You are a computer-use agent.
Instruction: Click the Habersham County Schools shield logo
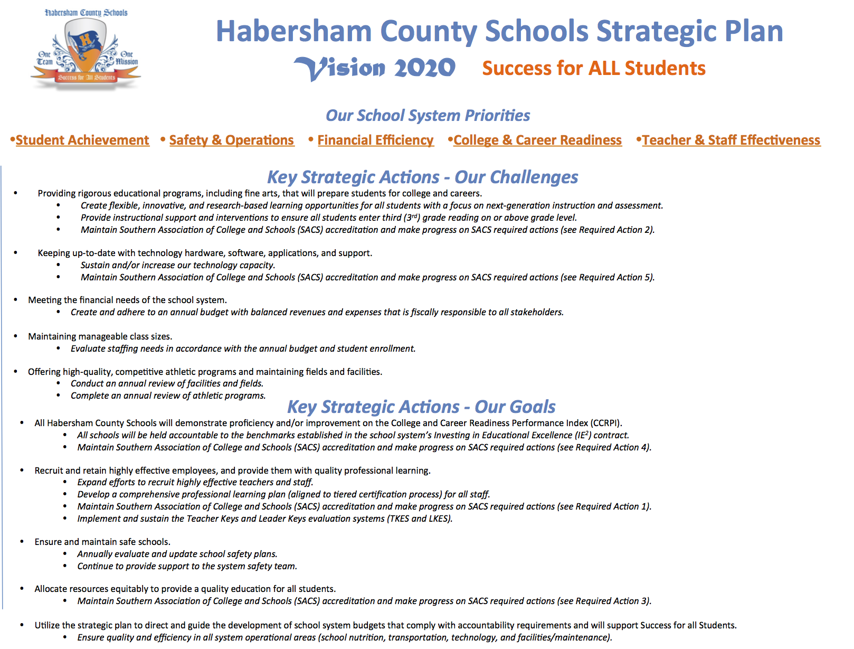pos(86,50)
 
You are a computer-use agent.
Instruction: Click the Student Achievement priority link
pos(82,140)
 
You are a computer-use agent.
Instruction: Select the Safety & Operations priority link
pos(231,140)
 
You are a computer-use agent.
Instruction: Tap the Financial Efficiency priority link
pos(375,140)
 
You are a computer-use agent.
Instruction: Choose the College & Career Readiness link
pos(537,140)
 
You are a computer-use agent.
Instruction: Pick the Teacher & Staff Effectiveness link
pos(731,140)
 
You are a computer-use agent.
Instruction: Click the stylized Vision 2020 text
pos(375,68)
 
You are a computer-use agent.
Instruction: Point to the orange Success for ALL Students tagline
pos(594,68)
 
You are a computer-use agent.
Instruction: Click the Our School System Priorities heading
pos(428,115)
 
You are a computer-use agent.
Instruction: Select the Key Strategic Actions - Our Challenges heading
pos(422,177)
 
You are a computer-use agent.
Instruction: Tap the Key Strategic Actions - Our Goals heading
pos(421,407)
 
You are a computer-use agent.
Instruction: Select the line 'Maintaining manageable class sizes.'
pos(100,336)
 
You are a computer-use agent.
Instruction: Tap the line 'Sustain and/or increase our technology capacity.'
pos(178,265)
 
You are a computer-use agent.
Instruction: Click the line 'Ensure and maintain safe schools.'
pos(102,542)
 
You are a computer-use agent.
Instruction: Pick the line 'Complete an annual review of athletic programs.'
pos(168,396)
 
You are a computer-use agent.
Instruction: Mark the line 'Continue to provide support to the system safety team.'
pos(187,566)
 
